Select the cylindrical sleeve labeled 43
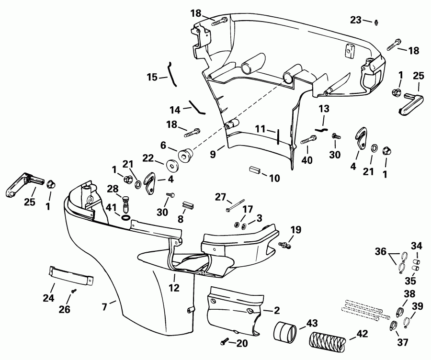coord(287,332)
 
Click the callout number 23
coord(355,20)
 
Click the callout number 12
coord(174,288)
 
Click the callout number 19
coord(295,229)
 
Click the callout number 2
coord(277,310)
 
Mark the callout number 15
coord(152,77)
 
